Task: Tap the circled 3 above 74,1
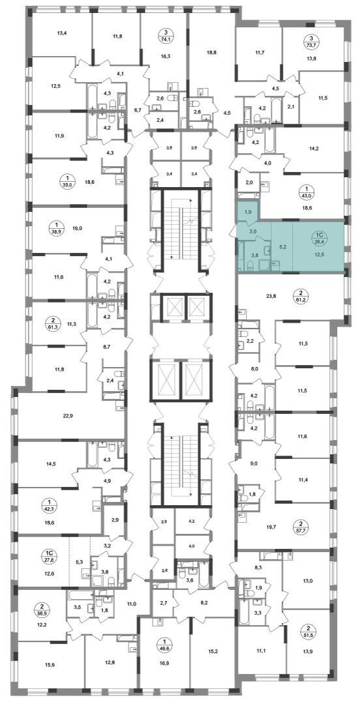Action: pos(166,33)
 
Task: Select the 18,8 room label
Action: pos(212,52)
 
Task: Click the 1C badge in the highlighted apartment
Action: pos(320,234)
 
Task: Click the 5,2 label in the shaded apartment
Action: pos(282,246)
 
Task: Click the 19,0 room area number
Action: pos(77,228)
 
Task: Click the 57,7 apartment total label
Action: pos(308,530)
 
